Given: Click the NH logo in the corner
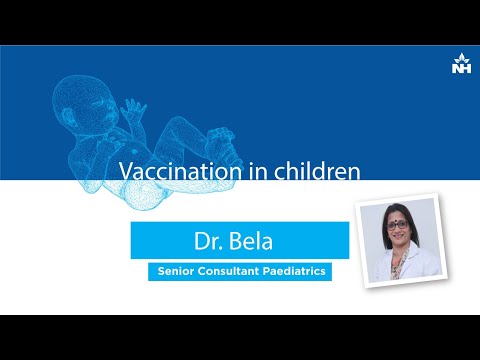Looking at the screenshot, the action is pos(462,63).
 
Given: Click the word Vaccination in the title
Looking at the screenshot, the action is pos(180,171).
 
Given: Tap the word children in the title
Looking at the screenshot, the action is pos(317,171).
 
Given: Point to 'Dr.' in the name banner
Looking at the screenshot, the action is pos(208,241).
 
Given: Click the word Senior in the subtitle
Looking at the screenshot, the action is pos(176,271).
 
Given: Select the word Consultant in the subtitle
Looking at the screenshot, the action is pos(228,271).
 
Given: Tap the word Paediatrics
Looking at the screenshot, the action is pos(294,271).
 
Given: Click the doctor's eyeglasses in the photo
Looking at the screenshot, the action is pos(397,225).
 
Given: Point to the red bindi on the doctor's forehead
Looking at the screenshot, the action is pos(396,218).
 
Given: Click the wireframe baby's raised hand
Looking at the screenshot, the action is pos(133,110).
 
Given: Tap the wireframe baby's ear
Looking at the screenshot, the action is pos(68,116).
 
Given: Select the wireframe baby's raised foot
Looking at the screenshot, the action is pos(221,143).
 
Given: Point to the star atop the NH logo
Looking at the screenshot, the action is pos(462,57).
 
